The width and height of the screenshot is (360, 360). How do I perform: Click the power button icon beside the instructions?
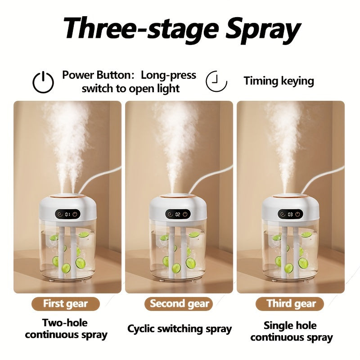coord(43,82)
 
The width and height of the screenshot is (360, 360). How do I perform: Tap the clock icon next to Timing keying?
coord(216,81)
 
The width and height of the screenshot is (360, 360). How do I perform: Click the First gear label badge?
coord(66,304)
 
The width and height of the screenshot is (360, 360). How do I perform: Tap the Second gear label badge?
coord(179,304)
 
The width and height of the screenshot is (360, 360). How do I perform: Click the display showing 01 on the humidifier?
coord(68,215)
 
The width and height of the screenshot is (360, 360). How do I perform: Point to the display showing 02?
coord(178,215)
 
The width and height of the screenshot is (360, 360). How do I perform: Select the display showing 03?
coord(290,215)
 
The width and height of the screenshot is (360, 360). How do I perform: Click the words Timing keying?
coord(279,81)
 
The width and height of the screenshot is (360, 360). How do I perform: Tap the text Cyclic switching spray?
coord(180,329)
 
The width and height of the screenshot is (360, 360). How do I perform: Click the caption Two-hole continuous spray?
coord(66,329)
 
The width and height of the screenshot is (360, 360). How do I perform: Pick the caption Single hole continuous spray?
coord(292,332)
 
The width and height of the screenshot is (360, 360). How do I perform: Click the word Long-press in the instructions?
coord(168,75)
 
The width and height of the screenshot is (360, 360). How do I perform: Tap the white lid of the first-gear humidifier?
coord(68,208)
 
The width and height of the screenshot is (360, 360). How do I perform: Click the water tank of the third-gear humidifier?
coord(290,250)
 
